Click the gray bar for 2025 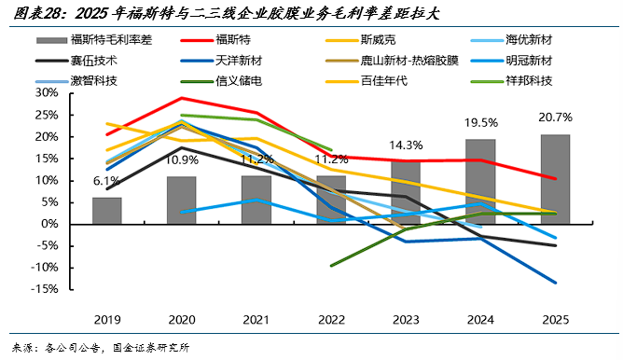[x=556, y=179]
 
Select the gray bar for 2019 [x=107, y=211]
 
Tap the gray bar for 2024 [x=480, y=182]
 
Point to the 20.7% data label [x=556, y=118]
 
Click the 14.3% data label [x=406, y=145]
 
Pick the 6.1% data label [x=106, y=181]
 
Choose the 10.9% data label [x=182, y=160]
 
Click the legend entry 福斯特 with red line [x=215, y=40]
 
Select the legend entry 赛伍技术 [x=76, y=61]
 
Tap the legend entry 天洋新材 [x=221, y=61]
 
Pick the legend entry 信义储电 [x=221, y=81]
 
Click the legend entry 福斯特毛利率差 [x=94, y=40]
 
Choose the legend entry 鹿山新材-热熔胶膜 [x=392, y=61]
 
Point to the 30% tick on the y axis [x=47, y=93]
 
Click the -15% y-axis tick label [x=45, y=289]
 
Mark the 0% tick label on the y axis [x=49, y=224]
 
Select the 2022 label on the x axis [x=331, y=320]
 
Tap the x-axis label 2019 [x=107, y=320]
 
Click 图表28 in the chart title [x=37, y=14]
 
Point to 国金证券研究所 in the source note [x=151, y=348]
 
